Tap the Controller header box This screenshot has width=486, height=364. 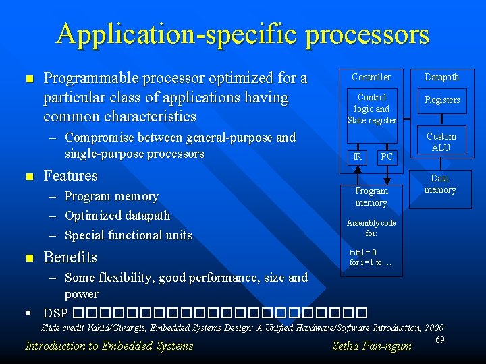click(x=372, y=77)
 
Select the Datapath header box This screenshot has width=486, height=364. click(x=442, y=77)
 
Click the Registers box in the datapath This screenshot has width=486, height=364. click(x=442, y=100)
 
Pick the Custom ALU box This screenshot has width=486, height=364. click(x=441, y=142)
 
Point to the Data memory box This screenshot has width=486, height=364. click(x=440, y=184)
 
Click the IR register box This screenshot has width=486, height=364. click(x=358, y=157)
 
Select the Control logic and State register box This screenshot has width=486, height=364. click(x=372, y=109)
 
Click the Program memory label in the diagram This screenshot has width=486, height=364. click(x=372, y=197)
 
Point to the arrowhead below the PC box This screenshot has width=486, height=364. click(x=387, y=179)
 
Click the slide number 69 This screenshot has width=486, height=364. click(x=439, y=340)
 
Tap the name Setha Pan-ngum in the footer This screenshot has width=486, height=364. click(x=372, y=346)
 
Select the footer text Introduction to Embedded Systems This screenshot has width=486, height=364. click(x=109, y=346)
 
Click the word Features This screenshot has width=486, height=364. click(x=70, y=176)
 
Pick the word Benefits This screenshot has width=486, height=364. click(x=70, y=257)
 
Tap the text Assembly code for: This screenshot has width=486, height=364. click(x=371, y=228)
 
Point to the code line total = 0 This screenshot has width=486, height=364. click(x=363, y=253)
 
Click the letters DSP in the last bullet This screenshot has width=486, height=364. click(x=55, y=313)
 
